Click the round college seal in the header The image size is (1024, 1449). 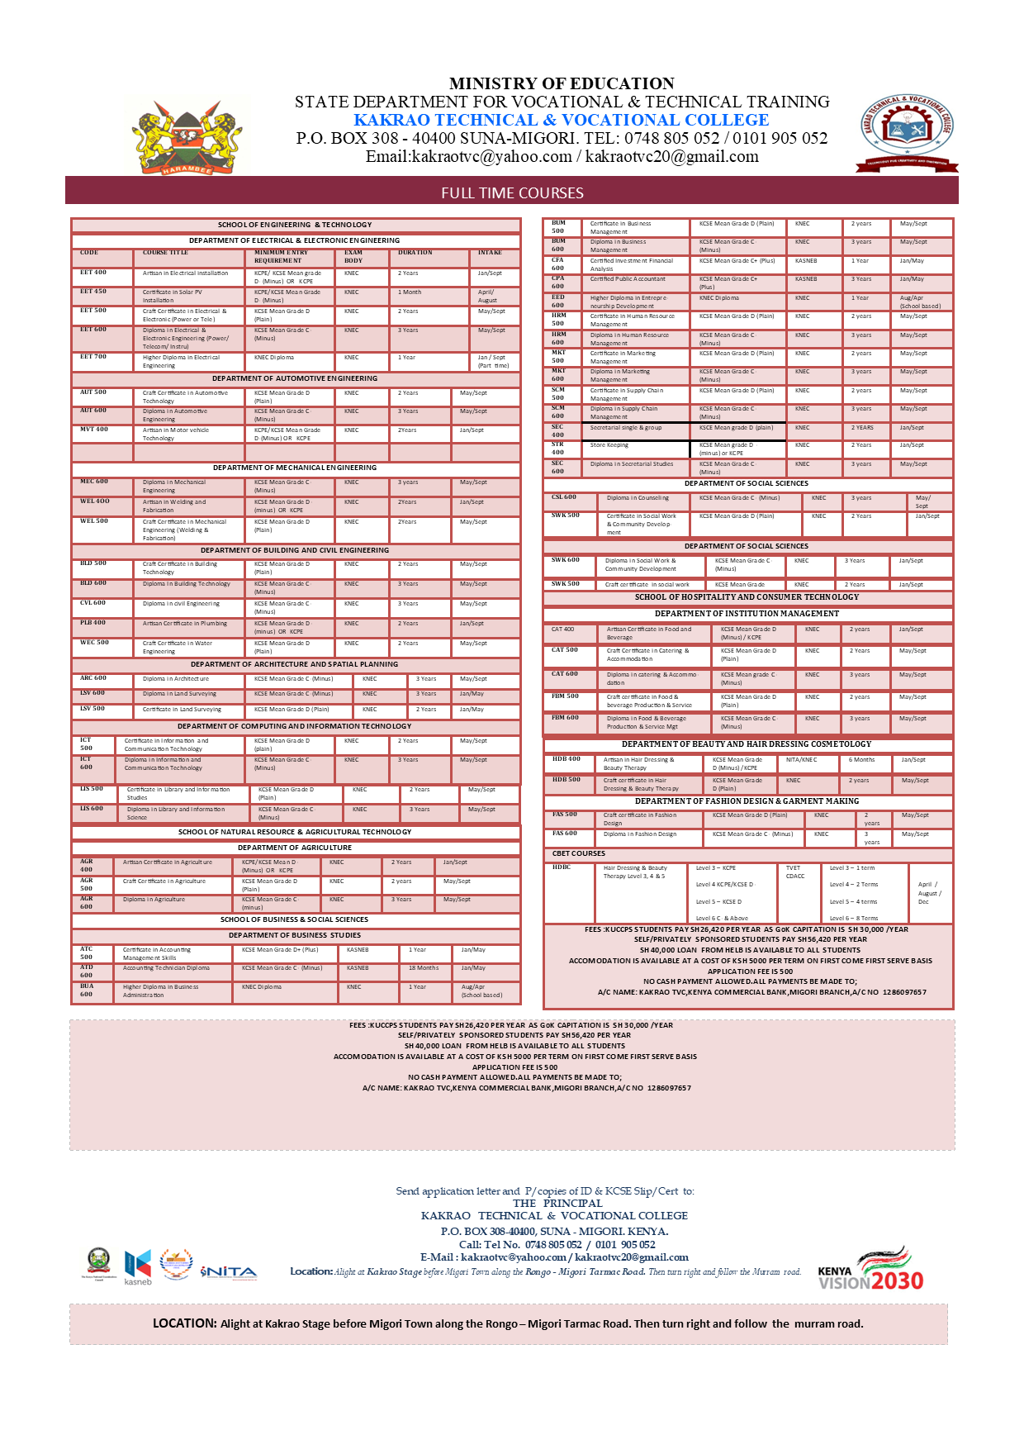908,132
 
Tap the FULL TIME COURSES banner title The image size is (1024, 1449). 512,192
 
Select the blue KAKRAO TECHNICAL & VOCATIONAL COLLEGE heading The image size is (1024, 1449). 562,120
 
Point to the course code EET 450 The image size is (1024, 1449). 93,292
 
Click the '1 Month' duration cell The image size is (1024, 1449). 410,292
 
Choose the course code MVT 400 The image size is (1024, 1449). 93,430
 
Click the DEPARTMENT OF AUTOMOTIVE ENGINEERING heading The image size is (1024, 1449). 295,378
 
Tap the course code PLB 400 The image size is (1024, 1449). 92,623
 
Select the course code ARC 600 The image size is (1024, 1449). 93,678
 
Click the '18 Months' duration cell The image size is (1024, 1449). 424,967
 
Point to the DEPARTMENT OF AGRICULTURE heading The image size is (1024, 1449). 295,848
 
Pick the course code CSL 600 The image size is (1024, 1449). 564,497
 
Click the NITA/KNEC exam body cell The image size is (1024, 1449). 801,759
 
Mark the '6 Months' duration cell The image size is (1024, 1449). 861,759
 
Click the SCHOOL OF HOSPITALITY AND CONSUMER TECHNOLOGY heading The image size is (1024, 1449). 747,597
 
